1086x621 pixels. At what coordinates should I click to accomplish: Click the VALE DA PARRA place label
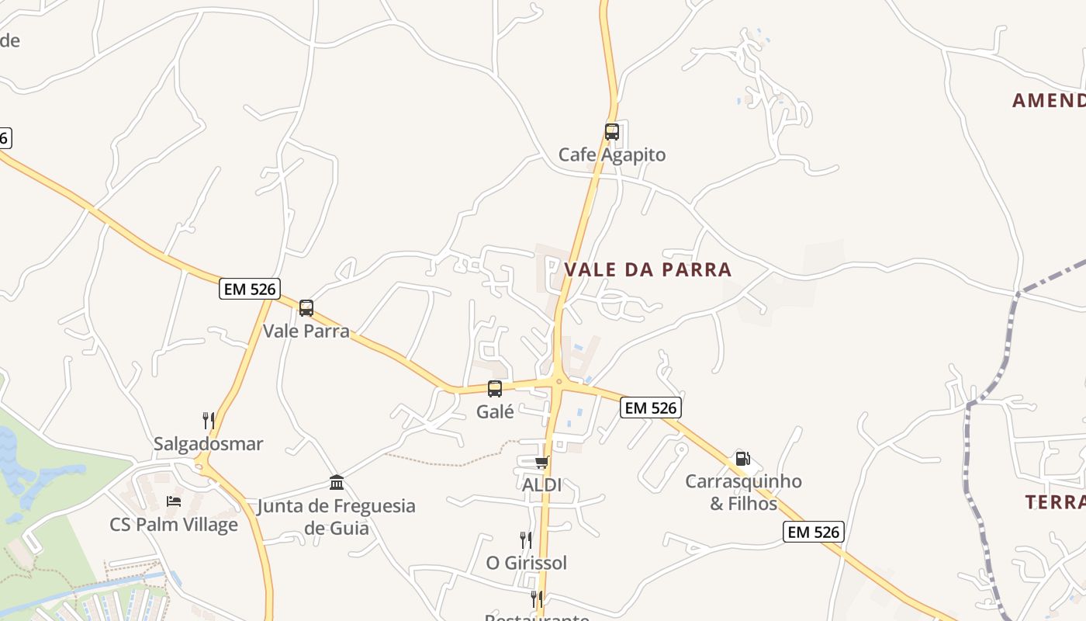point(648,269)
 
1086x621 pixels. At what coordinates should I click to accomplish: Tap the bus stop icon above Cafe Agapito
point(612,131)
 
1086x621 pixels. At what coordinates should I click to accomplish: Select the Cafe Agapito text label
point(612,154)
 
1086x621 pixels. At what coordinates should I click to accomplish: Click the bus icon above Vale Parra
point(306,308)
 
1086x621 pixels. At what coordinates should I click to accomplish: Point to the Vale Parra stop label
point(306,331)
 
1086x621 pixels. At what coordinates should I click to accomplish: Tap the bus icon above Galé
point(495,389)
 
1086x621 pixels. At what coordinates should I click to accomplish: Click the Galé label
point(495,412)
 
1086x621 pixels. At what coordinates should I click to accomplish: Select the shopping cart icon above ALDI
point(541,463)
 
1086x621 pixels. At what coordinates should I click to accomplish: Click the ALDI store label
point(541,485)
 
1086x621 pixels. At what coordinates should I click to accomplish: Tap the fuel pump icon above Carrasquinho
point(742,458)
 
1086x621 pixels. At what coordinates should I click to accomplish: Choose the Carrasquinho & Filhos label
point(743,492)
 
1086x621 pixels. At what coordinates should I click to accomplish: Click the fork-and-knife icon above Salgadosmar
point(208,421)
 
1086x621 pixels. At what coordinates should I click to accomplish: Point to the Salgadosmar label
point(208,444)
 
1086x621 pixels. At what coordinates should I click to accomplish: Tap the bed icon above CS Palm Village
point(174,501)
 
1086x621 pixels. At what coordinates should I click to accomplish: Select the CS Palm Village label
point(174,525)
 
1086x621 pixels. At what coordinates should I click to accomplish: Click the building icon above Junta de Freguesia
point(337,483)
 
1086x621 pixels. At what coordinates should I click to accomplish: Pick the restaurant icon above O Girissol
point(526,539)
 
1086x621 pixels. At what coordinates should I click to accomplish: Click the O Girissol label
point(527,563)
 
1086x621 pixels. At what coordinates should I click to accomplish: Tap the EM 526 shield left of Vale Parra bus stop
point(249,289)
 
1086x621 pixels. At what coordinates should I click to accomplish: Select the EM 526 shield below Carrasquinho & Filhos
point(813,532)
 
